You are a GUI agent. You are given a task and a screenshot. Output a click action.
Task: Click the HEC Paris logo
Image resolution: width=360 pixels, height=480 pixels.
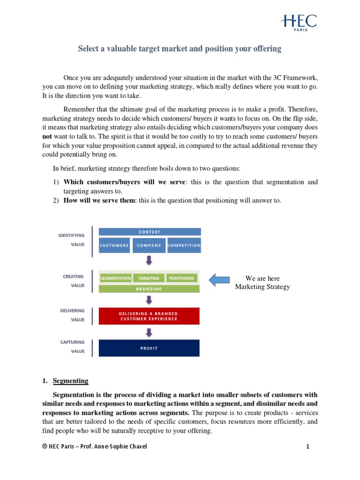coord(299,22)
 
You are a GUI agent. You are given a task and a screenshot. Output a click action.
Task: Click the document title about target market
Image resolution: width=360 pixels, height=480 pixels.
coord(180,49)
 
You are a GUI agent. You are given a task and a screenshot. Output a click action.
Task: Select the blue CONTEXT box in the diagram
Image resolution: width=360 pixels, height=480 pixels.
coord(149,232)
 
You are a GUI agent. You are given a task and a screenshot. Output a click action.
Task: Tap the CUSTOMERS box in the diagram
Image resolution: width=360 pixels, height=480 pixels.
coord(114,245)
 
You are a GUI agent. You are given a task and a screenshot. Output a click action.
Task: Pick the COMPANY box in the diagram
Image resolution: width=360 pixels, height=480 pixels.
coord(149,245)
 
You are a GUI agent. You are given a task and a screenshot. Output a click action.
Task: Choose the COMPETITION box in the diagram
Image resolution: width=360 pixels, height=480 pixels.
coord(184,245)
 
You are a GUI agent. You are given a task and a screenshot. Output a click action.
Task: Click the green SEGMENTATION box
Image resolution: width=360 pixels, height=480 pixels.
coord(115,278)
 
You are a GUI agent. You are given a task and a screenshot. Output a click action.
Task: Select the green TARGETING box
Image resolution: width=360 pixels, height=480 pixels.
coord(149,278)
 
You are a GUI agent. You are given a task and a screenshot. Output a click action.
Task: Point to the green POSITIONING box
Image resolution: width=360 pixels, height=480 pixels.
coord(181,278)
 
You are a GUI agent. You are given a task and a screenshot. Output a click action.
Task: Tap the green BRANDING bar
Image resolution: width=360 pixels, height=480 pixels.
coord(149,289)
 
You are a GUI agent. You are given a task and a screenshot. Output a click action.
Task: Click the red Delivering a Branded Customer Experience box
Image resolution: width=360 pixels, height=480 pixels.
coord(149,316)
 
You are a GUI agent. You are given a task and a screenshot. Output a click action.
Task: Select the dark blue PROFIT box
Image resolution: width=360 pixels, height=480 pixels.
coord(149,348)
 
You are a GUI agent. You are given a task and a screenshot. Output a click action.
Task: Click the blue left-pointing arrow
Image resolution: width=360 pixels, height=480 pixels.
coord(219,280)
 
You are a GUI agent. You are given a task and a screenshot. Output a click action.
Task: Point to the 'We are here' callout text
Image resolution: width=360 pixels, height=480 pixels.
coord(262,283)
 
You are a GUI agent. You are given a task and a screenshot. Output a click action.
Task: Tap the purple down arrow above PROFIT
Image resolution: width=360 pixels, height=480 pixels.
coord(149,332)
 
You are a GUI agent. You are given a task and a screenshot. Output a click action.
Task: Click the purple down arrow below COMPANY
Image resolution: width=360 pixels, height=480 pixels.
coord(149,260)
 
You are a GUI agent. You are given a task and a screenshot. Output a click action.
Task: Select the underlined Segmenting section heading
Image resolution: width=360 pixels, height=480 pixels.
coord(70,381)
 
